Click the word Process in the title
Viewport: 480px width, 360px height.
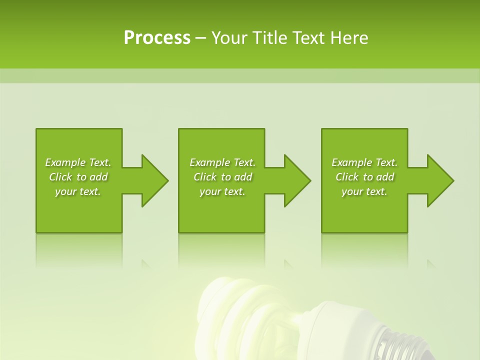click(156, 38)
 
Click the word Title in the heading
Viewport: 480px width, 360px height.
click(268, 38)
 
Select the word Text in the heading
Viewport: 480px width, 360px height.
click(309, 38)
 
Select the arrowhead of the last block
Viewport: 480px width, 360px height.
click(439, 180)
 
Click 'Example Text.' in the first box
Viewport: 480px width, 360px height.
click(78, 162)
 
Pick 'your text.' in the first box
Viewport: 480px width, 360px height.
click(78, 191)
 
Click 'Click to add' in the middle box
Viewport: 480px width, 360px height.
click(222, 177)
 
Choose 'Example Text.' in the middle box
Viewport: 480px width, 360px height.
click(222, 162)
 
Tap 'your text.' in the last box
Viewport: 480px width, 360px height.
click(364, 191)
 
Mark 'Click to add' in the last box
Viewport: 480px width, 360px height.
click(364, 177)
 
